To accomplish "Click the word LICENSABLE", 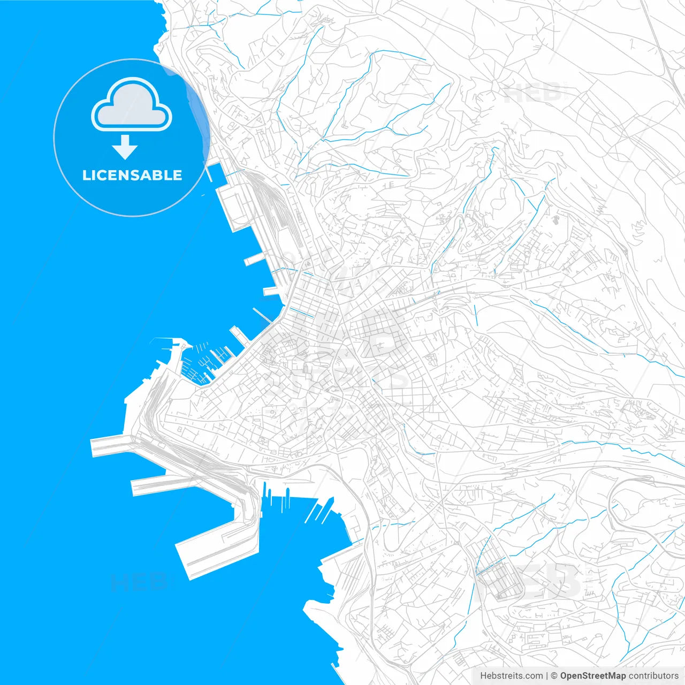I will [x=132, y=176].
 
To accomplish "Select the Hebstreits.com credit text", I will [x=512, y=676].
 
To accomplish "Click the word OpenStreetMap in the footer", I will [x=592, y=676].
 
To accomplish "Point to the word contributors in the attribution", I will [x=653, y=676].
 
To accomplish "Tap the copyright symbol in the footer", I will [x=554, y=676].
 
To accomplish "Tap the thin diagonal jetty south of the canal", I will [x=262, y=315].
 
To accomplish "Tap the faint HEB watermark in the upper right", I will [x=532, y=94].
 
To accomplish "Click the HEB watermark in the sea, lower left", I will [x=138, y=582].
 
